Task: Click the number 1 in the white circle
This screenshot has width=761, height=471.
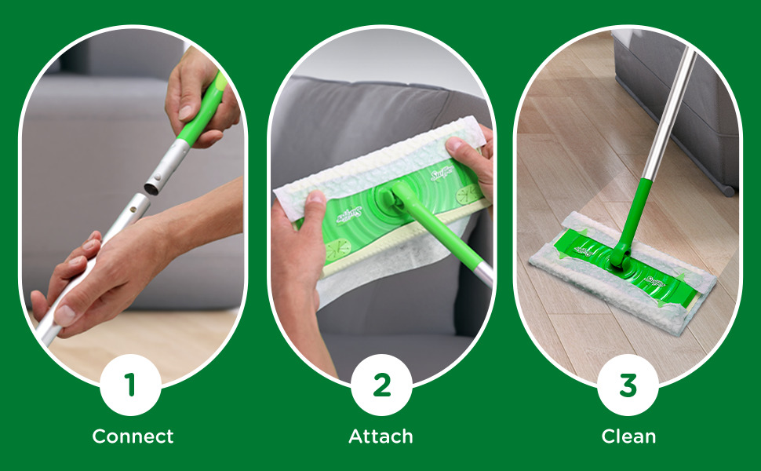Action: [130, 385]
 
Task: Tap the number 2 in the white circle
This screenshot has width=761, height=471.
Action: [381, 385]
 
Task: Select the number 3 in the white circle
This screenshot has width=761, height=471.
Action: [628, 385]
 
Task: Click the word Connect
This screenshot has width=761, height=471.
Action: [133, 436]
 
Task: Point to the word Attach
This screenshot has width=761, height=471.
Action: [380, 436]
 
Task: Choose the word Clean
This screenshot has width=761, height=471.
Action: [628, 436]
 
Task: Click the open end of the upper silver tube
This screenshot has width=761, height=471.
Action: [152, 187]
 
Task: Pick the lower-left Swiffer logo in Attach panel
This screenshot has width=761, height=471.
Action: [345, 216]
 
